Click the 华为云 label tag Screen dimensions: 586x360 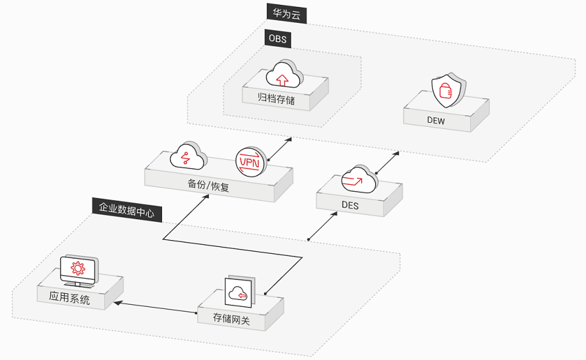point(287,14)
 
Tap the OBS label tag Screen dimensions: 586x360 point(278,38)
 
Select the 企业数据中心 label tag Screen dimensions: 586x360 point(127,210)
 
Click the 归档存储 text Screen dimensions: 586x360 point(276,99)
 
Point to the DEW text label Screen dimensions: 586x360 point(436,121)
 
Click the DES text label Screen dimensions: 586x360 point(350,206)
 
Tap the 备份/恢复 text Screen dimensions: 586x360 point(208,185)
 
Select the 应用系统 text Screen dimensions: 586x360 point(70,298)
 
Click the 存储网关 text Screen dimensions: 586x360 point(232,319)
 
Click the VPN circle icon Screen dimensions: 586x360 point(250,161)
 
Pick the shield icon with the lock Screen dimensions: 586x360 point(448,90)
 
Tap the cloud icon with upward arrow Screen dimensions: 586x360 point(285,74)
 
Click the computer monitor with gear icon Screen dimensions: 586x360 point(79,271)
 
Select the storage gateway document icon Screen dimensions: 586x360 point(240,292)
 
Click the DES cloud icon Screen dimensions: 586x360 point(359,179)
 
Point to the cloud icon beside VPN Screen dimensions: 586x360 point(188,156)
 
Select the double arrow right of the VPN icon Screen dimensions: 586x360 point(280,149)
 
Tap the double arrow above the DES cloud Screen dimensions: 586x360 point(387,163)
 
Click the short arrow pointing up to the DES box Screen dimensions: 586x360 point(323,226)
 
